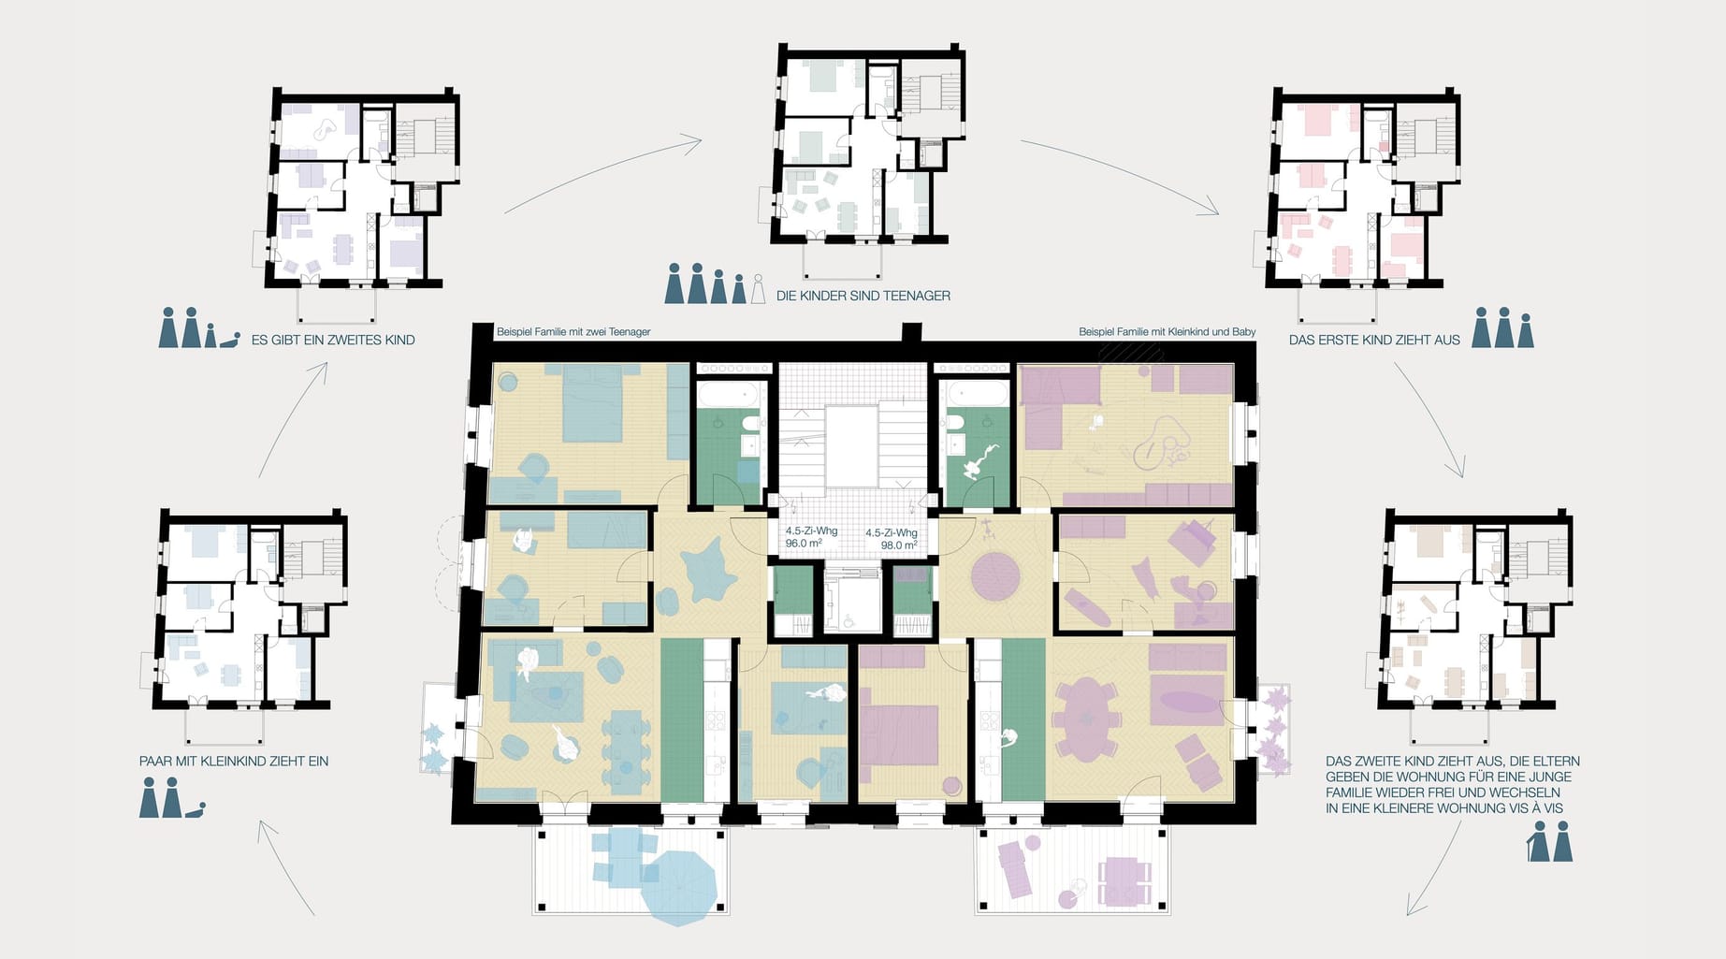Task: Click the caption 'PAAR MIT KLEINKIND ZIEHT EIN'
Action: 234,762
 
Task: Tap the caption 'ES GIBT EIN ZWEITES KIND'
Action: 333,341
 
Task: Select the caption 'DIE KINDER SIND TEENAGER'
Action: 863,296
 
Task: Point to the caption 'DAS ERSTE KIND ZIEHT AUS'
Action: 1374,341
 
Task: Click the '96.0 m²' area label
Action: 804,544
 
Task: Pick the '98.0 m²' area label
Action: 899,545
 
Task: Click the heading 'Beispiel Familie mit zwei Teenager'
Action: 573,332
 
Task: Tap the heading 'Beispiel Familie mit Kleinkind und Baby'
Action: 1167,332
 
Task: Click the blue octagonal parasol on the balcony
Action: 678,885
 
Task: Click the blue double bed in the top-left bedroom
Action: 593,402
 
